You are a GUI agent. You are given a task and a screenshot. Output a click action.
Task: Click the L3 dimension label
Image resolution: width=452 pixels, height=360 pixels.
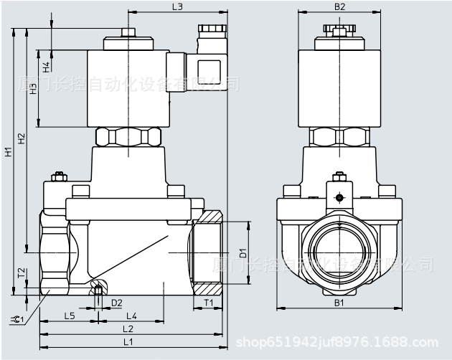click(x=177, y=7)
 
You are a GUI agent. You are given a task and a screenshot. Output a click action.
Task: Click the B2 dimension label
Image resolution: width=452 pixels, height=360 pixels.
click(x=341, y=7)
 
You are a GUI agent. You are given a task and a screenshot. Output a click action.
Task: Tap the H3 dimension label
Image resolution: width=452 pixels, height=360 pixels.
click(x=33, y=90)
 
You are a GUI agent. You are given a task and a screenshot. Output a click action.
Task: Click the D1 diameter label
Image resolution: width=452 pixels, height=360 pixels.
click(x=243, y=252)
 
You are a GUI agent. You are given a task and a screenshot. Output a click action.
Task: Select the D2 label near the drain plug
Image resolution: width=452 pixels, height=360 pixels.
click(x=116, y=303)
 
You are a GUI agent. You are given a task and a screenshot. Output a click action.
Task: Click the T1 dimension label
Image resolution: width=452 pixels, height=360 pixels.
click(x=207, y=303)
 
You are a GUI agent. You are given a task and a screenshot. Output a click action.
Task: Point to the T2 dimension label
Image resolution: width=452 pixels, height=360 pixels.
click(x=22, y=273)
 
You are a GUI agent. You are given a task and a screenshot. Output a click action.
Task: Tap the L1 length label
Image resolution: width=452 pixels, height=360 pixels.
click(x=128, y=341)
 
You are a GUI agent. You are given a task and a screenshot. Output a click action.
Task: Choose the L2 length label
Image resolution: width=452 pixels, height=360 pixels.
click(x=128, y=328)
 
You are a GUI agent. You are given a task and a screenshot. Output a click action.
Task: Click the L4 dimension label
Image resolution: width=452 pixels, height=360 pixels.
click(x=132, y=316)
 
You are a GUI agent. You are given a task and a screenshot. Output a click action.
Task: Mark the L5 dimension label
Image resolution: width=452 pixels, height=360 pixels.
click(x=69, y=316)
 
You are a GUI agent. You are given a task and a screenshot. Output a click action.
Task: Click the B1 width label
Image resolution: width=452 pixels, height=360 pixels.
click(x=340, y=303)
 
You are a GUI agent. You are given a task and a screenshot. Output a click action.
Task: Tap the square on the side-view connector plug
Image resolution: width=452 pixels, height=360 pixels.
click(x=209, y=68)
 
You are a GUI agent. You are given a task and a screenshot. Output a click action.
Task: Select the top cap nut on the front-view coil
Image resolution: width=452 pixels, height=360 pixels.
click(x=340, y=29)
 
